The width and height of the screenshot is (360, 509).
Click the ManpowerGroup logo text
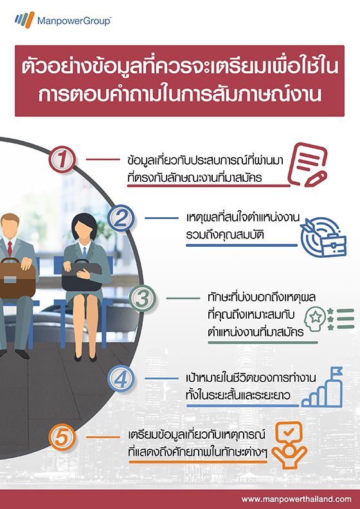[75, 21]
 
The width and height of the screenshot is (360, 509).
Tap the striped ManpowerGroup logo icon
[24, 19]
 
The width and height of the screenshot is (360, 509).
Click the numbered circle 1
[62, 159]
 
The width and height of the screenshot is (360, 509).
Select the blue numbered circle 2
[121, 218]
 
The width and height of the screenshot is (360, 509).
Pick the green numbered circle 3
[142, 298]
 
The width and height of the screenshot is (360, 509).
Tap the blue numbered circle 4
[121, 378]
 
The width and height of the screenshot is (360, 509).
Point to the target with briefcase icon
[323, 237]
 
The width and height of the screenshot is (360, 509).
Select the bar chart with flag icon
[322, 387]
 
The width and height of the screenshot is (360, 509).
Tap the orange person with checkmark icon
[289, 445]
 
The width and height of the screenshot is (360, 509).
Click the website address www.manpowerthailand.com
[296, 499]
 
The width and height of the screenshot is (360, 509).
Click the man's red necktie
[10, 249]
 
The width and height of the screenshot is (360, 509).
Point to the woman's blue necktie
[84, 252]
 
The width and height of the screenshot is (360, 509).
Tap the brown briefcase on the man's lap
[17, 278]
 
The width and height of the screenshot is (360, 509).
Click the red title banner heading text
[179, 81]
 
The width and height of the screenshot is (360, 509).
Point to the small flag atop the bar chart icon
[336, 370]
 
